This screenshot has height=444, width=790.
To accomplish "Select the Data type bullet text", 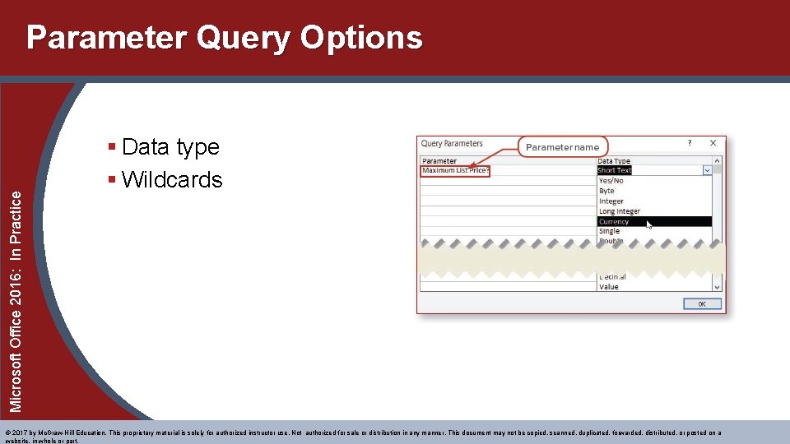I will [x=170, y=147].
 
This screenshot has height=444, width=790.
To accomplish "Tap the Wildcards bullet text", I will [x=172, y=180].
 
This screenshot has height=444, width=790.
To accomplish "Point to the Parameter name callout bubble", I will [x=562, y=147].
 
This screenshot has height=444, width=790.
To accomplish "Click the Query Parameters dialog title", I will [x=452, y=144].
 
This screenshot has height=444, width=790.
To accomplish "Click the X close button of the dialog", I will [x=713, y=143].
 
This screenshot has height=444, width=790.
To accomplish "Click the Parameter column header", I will [x=439, y=161].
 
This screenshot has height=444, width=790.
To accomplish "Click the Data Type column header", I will [x=614, y=161].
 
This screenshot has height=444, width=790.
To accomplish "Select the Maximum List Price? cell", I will [x=455, y=171].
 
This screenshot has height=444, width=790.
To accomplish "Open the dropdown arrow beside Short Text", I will [x=706, y=171].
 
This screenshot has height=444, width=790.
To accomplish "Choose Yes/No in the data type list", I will [x=611, y=181].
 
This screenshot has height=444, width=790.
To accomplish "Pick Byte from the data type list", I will [x=606, y=191].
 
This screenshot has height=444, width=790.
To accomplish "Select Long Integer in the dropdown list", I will [x=619, y=211].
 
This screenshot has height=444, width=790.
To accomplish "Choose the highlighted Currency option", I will [x=614, y=221].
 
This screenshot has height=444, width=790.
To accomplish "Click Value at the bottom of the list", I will [x=609, y=287].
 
